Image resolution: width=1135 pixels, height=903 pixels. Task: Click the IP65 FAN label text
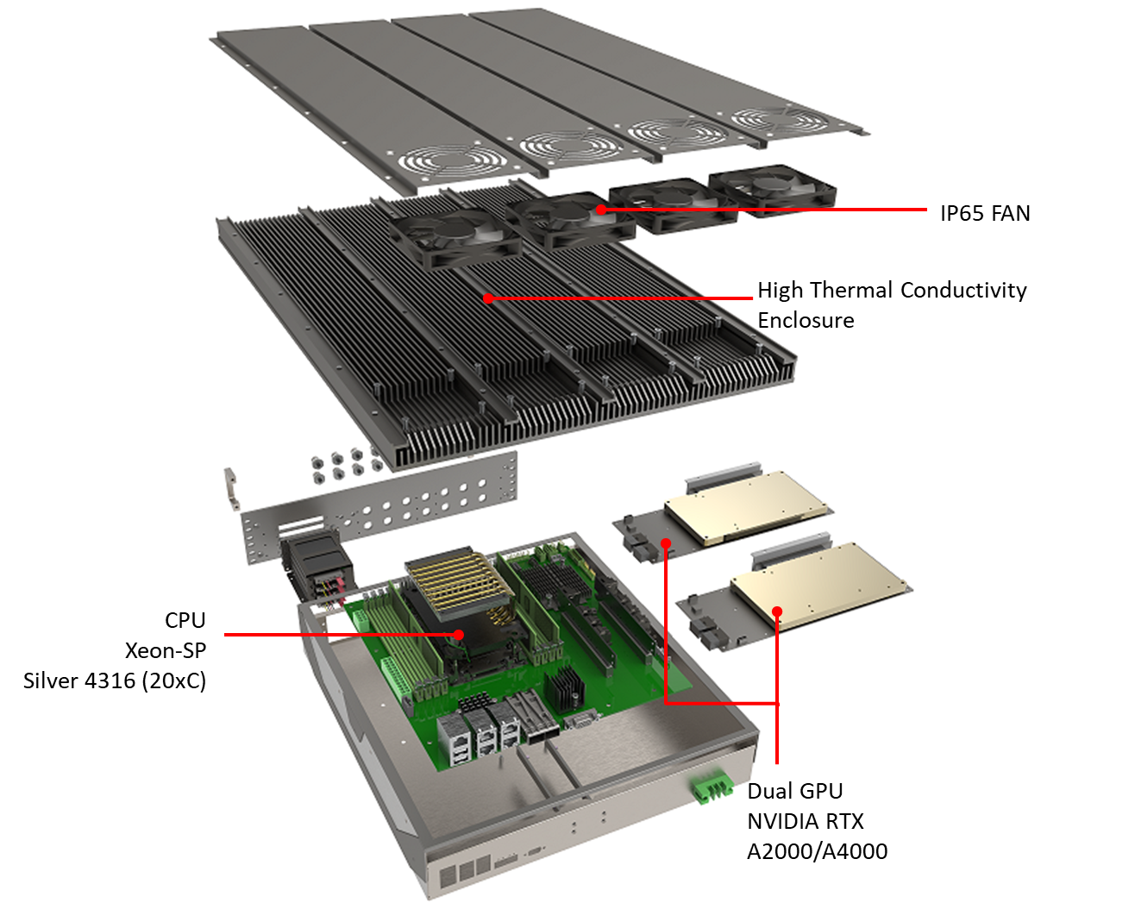click(985, 213)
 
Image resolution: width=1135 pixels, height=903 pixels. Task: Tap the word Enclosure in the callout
click(806, 320)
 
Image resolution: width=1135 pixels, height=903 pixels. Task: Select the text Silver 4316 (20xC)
click(115, 680)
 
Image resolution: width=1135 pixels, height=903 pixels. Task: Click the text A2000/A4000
click(817, 851)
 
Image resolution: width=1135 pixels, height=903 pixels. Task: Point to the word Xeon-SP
click(165, 650)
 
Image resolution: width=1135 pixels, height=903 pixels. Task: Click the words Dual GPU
click(794, 791)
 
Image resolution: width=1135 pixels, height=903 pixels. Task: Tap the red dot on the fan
click(601, 209)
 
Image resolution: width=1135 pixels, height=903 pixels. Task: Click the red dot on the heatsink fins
click(488, 298)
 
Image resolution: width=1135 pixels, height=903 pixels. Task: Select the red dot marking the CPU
click(459, 634)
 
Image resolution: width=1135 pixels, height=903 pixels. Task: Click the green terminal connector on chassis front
click(711, 787)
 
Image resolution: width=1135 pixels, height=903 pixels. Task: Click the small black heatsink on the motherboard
click(564, 687)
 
